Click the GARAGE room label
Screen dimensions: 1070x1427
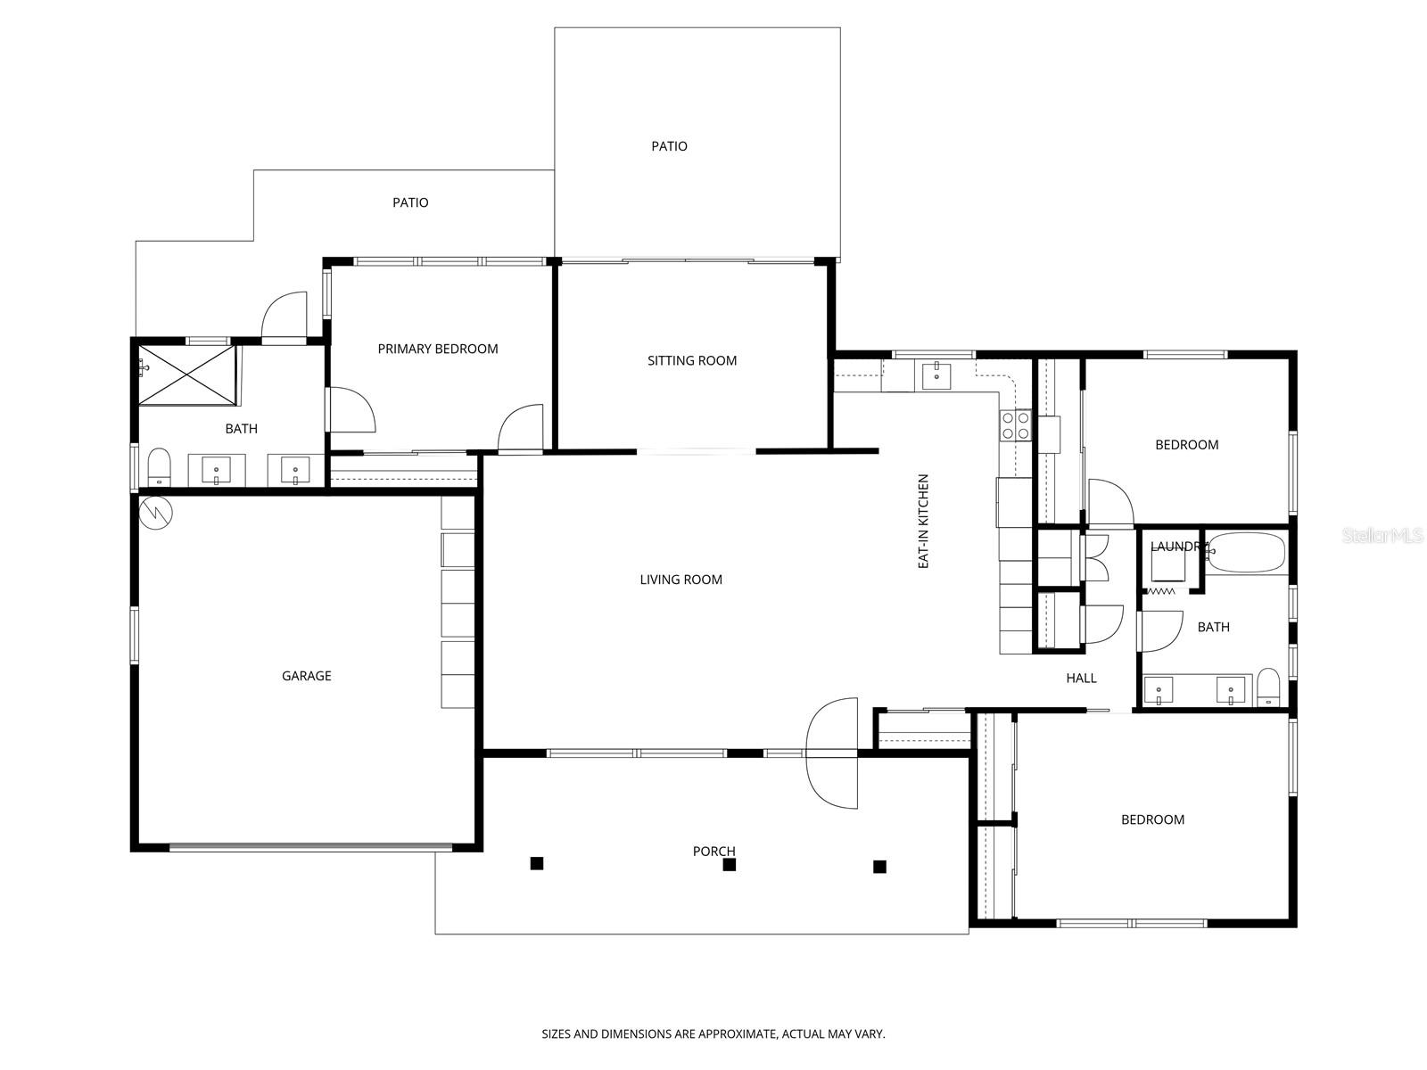pos(306,676)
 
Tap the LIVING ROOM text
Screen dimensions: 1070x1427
pos(681,580)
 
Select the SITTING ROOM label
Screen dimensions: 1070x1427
pos(692,361)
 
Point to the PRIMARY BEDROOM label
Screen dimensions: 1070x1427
pos(437,349)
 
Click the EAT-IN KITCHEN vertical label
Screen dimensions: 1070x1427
pos(924,522)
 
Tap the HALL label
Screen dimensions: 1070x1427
pos(1081,679)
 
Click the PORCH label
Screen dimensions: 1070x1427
pos(713,852)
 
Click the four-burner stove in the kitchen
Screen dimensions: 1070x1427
pos(1015,425)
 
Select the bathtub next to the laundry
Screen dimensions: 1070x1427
pos(1246,553)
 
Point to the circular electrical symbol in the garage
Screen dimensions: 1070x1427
pos(156,512)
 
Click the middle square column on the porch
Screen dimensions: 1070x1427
pos(730,864)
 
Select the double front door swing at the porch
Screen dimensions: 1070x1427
pos(833,753)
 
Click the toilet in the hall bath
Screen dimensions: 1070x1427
pos(1267,687)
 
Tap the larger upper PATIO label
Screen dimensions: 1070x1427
pos(669,146)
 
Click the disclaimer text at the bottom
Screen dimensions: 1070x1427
pos(713,1034)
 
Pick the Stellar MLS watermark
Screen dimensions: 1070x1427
pos(1382,535)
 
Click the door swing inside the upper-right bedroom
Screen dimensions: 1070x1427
pos(1109,502)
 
